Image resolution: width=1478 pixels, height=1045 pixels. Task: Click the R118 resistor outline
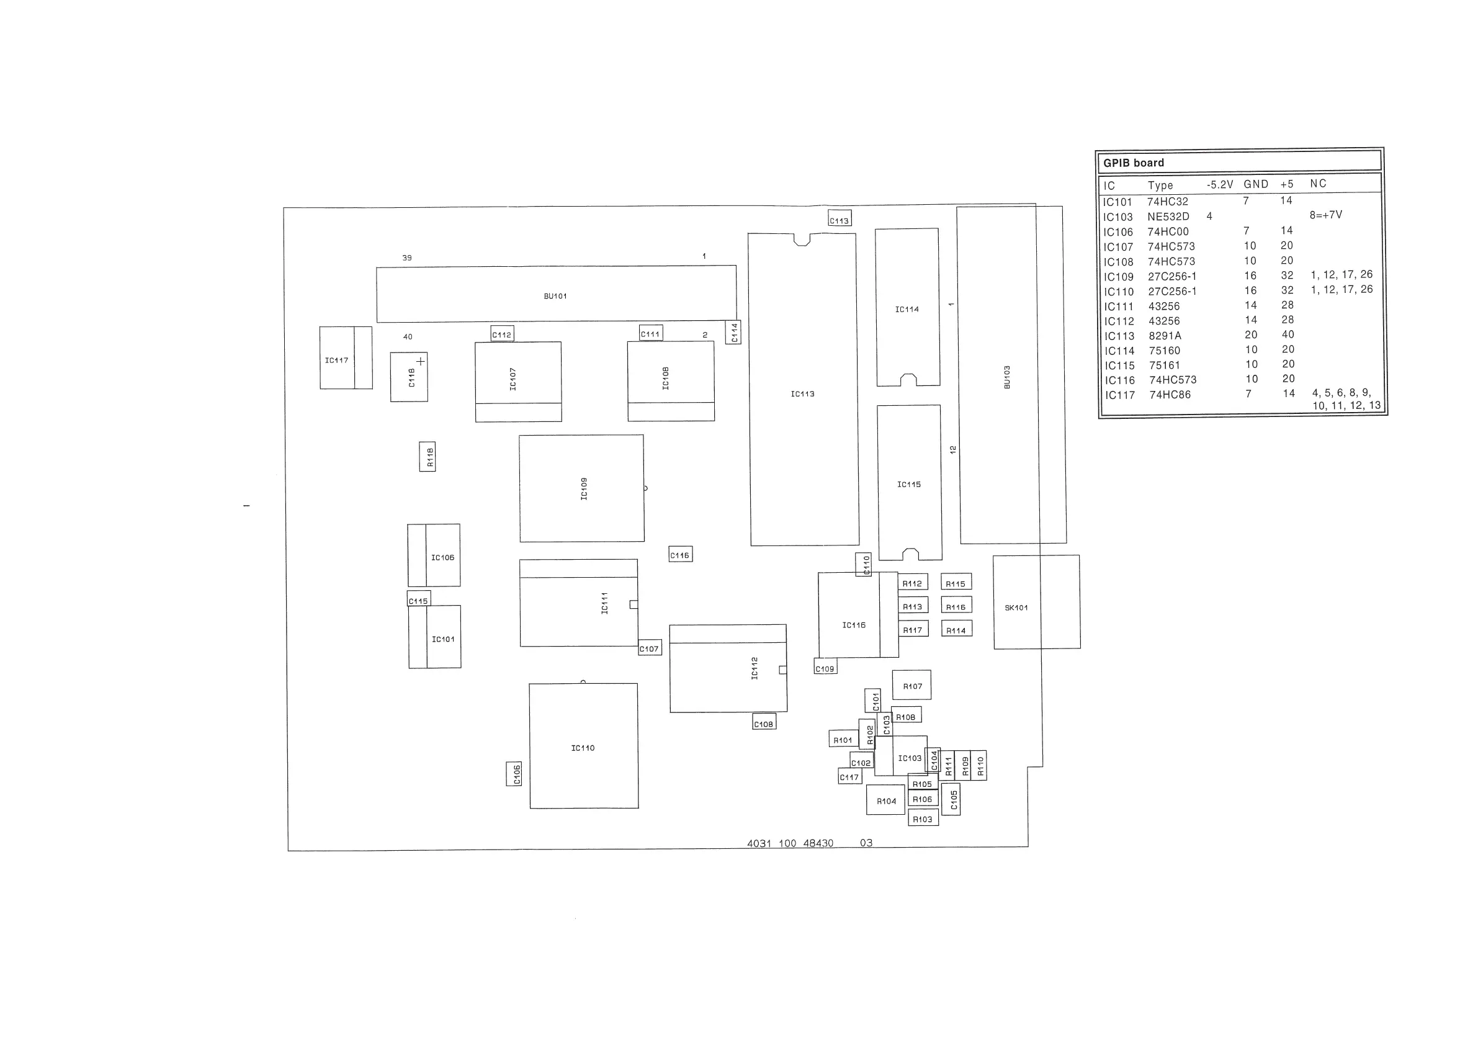coord(427,457)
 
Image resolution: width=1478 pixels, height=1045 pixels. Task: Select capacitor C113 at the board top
coord(840,218)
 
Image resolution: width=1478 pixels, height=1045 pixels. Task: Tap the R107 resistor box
coord(911,685)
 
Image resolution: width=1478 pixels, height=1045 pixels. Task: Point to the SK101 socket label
coord(1016,607)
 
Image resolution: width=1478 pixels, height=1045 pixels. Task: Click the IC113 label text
coord(802,393)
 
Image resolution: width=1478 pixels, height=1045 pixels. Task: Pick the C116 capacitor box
coord(681,554)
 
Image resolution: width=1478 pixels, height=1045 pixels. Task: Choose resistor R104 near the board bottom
coord(886,801)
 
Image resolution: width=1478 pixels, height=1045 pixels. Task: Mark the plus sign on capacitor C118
coord(420,361)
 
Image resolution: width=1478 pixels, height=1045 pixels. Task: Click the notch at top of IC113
coord(802,240)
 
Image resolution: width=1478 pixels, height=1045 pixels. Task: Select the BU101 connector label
coord(555,296)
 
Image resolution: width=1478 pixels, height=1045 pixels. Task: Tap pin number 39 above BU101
coord(407,258)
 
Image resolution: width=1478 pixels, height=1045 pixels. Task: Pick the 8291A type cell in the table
coord(1165,336)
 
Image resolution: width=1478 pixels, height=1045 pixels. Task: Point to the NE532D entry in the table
coord(1168,217)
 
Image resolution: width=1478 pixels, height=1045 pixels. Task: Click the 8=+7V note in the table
coord(1325,215)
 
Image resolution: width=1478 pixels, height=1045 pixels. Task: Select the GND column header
coord(1255,184)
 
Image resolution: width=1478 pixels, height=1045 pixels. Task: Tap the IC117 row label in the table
coord(1119,395)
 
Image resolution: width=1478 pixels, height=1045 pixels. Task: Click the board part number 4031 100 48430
coord(790,843)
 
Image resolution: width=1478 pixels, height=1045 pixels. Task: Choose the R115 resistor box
coord(956,583)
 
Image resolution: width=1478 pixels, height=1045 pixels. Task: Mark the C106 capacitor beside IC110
coord(514,773)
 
